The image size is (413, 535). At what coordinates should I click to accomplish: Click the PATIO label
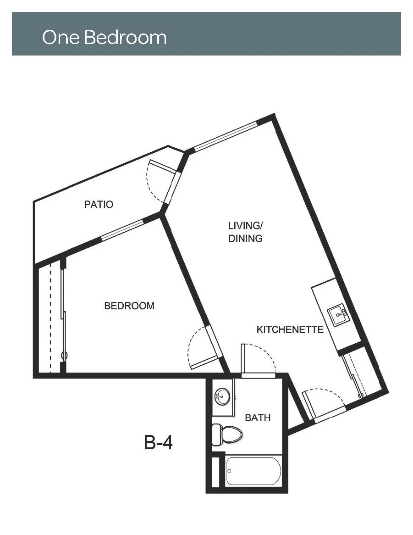[x=99, y=204]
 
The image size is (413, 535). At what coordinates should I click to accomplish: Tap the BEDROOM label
[x=129, y=306]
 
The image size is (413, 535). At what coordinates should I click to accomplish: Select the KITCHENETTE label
[x=290, y=329]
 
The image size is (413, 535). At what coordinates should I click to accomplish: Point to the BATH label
[x=258, y=418]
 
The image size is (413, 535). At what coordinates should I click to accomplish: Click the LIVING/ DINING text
[x=245, y=232]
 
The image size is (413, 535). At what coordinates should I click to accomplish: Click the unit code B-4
[x=158, y=442]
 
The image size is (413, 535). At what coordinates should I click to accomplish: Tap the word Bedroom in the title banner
[x=125, y=37]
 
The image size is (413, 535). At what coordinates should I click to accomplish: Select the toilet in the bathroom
[x=227, y=435]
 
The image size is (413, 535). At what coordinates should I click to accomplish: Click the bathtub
[x=253, y=471]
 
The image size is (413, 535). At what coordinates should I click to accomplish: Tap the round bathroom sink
[x=222, y=396]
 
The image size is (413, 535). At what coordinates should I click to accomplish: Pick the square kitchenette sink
[x=338, y=316]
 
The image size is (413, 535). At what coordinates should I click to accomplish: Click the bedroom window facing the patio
[x=123, y=230]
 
